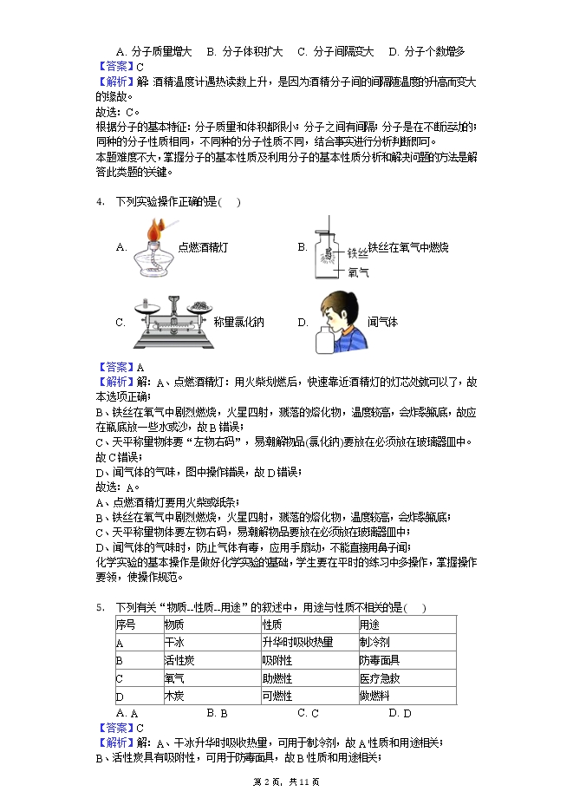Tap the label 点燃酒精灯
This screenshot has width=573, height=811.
[x=202, y=247]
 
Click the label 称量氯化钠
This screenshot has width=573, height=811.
[x=238, y=322]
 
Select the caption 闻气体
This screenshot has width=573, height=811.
[x=382, y=322]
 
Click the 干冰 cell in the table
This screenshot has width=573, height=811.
[x=174, y=643]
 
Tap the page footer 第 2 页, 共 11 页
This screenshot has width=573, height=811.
[x=286, y=782]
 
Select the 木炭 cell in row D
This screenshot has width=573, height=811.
[x=174, y=696]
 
